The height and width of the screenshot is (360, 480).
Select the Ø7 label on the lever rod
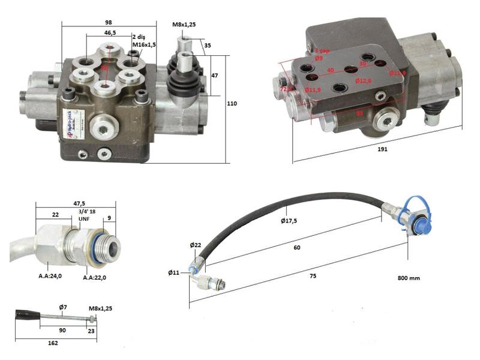coord(62,307)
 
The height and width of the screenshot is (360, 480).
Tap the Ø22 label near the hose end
coord(196,245)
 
